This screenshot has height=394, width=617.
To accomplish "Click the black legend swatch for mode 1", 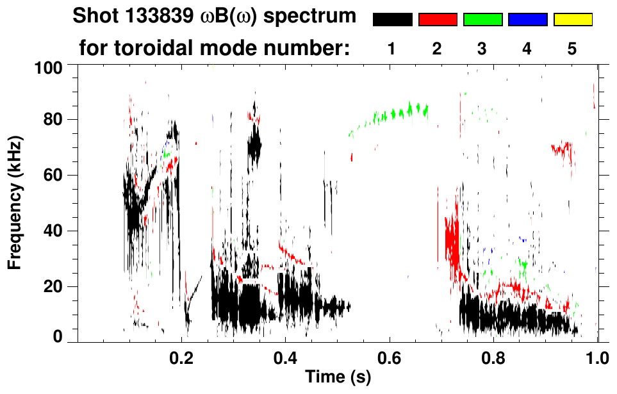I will click(x=392, y=20).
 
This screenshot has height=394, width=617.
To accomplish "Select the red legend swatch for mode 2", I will click(x=437, y=20).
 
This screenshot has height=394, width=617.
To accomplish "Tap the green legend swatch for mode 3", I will click(x=482, y=20).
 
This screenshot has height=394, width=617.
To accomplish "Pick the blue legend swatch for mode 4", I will click(x=527, y=20).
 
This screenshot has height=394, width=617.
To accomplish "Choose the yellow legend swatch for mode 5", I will click(x=572, y=20).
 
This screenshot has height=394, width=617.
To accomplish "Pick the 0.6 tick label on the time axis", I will click(x=389, y=356).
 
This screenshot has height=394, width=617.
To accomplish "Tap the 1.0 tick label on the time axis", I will click(x=597, y=356).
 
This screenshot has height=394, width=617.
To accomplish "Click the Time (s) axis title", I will click(x=337, y=377).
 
